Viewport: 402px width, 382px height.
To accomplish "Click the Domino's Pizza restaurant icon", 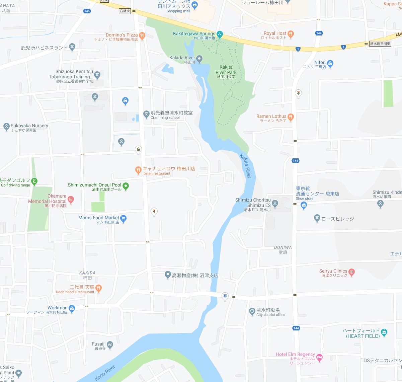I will (x=142, y=35).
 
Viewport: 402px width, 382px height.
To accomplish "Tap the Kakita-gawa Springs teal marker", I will (x=220, y=34).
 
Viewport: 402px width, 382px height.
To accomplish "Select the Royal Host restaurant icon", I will (x=291, y=33).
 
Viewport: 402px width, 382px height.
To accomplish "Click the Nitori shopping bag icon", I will (x=330, y=63).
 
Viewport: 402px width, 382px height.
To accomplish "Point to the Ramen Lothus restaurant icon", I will (x=291, y=117).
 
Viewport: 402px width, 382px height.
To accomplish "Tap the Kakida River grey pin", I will (x=199, y=59).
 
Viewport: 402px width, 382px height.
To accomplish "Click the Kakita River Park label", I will (x=226, y=70).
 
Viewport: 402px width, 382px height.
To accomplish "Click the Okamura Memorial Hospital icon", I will (x=71, y=200).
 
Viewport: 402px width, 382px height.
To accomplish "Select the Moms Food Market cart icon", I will (x=123, y=218).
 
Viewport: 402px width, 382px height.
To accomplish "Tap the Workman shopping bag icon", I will (x=72, y=308).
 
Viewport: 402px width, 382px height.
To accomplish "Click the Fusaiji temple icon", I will (x=110, y=344).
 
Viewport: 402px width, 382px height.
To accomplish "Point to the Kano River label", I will (x=105, y=372).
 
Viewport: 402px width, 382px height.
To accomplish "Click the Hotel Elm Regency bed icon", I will (x=319, y=357).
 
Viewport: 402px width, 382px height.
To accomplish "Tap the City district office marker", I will (x=252, y=311).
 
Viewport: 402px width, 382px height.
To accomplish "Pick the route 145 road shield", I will (x=87, y=11).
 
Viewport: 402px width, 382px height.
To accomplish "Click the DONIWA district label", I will (x=283, y=247).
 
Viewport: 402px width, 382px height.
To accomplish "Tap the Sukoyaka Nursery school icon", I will (x=6, y=126).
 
